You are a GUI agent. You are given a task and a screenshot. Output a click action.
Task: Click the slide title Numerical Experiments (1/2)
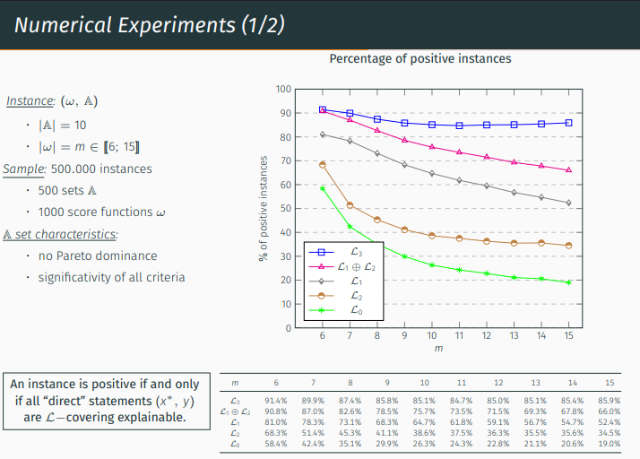[x=149, y=24]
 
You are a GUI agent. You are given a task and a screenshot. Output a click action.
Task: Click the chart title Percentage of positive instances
[x=419, y=58]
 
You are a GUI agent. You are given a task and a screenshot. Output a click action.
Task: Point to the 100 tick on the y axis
[x=284, y=89]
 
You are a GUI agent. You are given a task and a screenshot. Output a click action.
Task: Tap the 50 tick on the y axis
[x=284, y=208]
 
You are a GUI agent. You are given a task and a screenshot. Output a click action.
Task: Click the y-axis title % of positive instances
[x=264, y=208]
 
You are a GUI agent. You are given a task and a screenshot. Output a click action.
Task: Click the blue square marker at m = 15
[x=568, y=123]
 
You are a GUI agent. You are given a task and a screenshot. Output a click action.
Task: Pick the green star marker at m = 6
[x=323, y=188]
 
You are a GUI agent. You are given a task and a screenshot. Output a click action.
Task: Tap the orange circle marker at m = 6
[x=323, y=165]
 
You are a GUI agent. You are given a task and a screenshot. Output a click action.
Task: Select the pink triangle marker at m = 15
[x=568, y=170]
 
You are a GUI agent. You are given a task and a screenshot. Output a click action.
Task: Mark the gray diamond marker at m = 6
[x=323, y=134]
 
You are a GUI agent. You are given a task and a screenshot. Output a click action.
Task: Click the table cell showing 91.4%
[x=275, y=400]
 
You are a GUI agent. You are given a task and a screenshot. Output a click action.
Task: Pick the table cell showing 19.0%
[x=609, y=443]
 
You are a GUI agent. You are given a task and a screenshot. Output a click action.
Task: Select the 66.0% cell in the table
[x=609, y=411]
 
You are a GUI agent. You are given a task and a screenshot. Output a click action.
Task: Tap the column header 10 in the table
[x=424, y=382]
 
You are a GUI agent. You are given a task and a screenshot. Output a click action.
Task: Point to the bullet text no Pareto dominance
[x=97, y=255]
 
